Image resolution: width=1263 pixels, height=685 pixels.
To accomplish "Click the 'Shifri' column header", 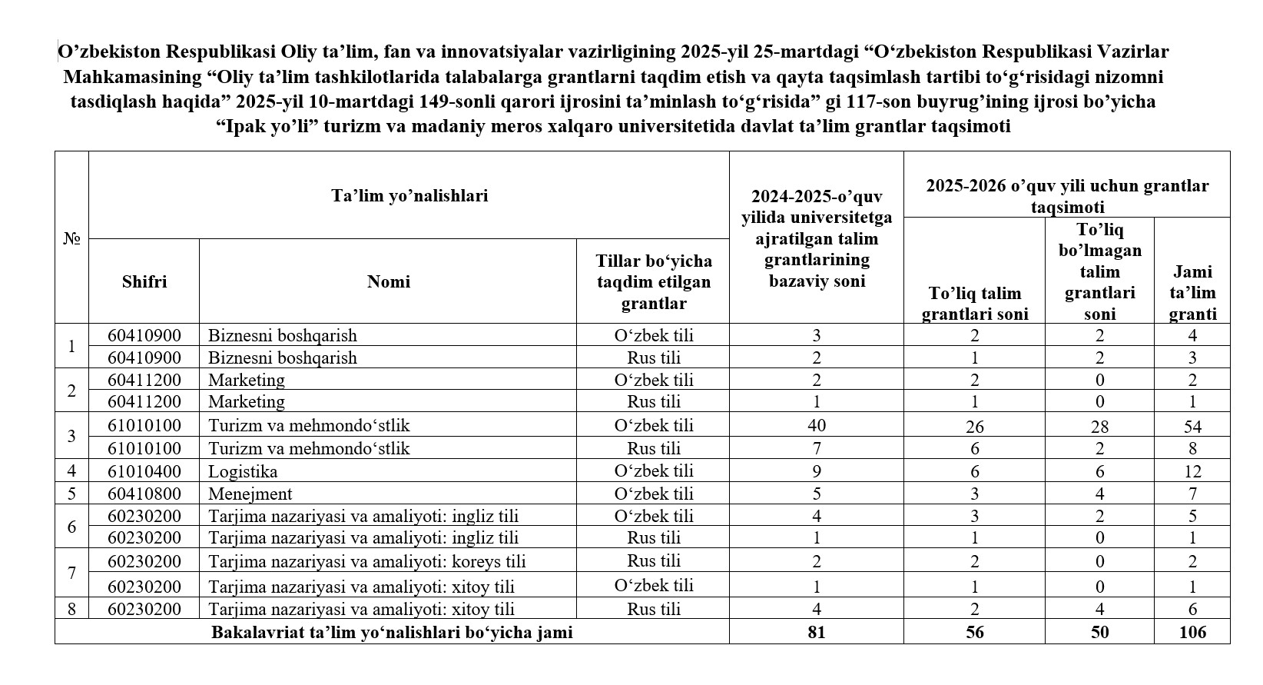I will click(x=144, y=281).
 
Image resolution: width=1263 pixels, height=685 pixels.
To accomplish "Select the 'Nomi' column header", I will click(x=389, y=281).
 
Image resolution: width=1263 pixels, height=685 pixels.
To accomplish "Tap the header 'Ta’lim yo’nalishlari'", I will click(x=409, y=195).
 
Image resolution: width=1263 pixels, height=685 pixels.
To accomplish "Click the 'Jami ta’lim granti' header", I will click(x=1192, y=292).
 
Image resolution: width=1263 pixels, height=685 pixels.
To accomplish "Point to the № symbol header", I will click(x=71, y=238).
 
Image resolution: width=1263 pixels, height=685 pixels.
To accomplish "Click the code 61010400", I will click(x=144, y=471).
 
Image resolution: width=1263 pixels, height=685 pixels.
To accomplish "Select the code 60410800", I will click(x=144, y=494).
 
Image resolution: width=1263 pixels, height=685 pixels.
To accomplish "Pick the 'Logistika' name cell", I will click(x=243, y=471).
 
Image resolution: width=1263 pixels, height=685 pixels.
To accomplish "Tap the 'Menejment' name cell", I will click(x=250, y=494).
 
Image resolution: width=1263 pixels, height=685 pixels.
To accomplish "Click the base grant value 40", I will click(x=817, y=426).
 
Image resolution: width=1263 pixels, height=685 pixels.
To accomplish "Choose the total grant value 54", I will click(x=1192, y=427).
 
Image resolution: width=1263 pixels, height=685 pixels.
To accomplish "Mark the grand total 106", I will click(x=1192, y=632).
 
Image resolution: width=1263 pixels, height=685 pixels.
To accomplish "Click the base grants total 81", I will click(x=817, y=632).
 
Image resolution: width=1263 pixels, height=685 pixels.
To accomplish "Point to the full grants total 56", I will click(x=974, y=632).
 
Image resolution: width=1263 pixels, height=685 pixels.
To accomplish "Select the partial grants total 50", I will click(x=1099, y=632).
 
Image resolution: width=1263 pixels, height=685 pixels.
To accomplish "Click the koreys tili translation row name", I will click(x=367, y=561).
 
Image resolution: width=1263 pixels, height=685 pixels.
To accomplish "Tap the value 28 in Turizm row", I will click(x=1099, y=427).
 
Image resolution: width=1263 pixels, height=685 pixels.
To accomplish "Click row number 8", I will click(x=71, y=609).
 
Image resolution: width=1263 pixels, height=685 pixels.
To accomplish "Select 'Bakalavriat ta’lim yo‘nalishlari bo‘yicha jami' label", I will click(x=392, y=633).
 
